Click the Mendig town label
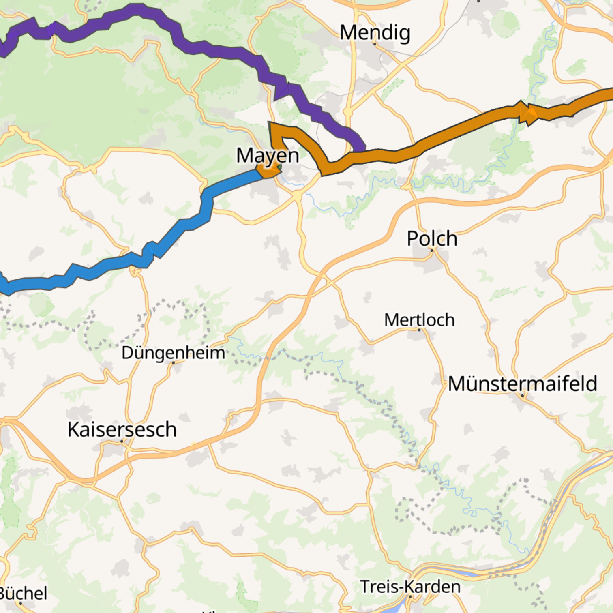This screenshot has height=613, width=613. click(x=375, y=32)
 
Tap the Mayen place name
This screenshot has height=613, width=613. click(x=268, y=155)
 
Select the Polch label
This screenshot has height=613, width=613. click(x=432, y=238)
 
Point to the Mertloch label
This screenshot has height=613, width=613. click(x=419, y=320)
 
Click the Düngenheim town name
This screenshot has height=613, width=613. click(x=173, y=353)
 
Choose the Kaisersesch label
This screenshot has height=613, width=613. click(x=122, y=429)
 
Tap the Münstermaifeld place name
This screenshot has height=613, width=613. click(x=522, y=384)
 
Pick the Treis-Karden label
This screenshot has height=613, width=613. click(x=410, y=587)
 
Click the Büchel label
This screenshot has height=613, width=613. click(x=23, y=594)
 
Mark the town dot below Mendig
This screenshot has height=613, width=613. click(x=375, y=44)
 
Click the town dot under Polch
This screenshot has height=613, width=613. click(x=432, y=250)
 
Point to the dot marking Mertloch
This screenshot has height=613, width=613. click(x=419, y=330)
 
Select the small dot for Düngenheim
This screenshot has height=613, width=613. click(x=173, y=362)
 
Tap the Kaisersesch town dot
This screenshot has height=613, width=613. click(x=122, y=441)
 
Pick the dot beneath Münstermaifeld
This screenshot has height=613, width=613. click(x=522, y=395)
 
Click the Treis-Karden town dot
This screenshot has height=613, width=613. click(x=410, y=597)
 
